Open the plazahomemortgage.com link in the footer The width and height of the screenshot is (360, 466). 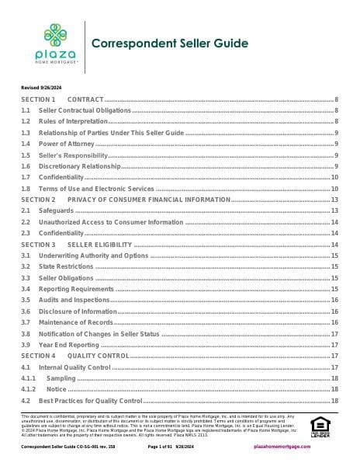click(x=309, y=448)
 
